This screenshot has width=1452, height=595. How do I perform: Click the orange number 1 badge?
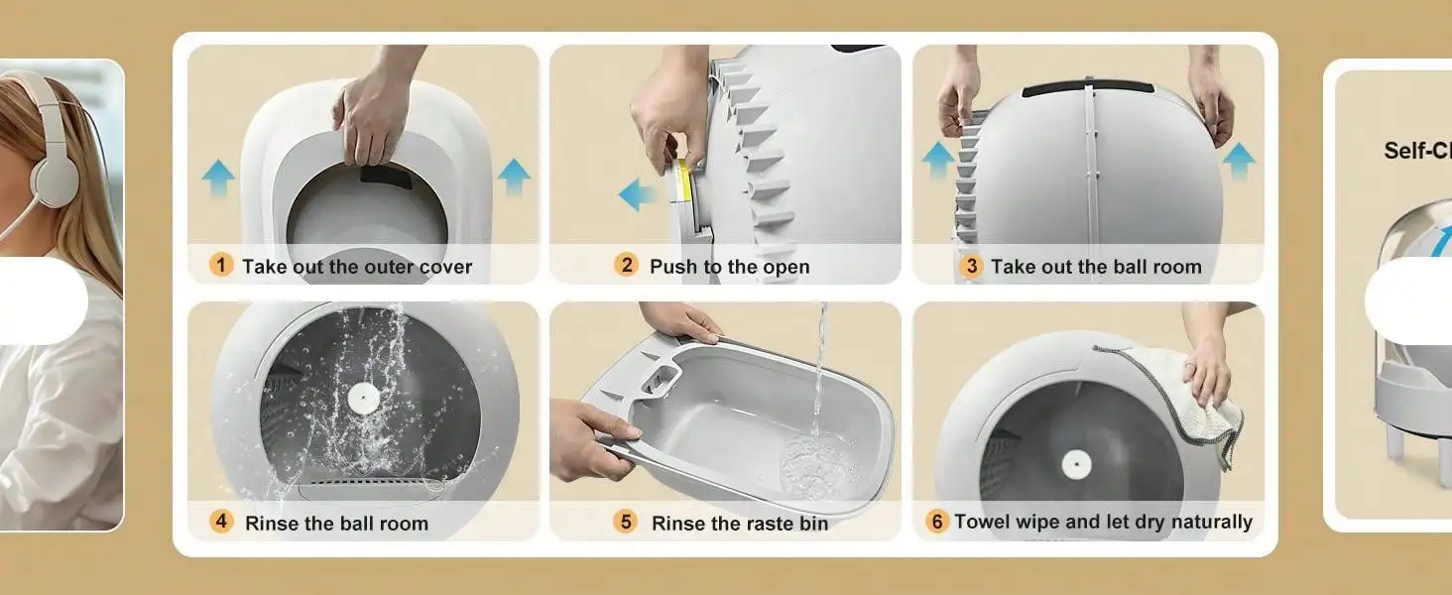tap(221, 265)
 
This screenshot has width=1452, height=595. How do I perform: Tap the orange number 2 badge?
tap(626, 265)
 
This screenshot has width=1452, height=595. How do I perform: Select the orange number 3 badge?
tap(970, 266)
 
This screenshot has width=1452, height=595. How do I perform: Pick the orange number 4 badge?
tap(221, 521)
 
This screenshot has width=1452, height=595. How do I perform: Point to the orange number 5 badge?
tap(626, 521)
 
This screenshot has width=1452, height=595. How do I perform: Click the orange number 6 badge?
tap(936, 521)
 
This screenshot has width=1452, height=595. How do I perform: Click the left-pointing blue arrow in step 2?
tap(637, 194)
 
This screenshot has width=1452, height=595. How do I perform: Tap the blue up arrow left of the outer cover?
tap(218, 178)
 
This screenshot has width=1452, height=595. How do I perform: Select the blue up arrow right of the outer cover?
tap(514, 177)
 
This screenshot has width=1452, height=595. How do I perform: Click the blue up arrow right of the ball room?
tap(1239, 162)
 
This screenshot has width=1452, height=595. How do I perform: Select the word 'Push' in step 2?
tap(673, 267)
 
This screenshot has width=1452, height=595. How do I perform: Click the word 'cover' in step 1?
tap(445, 267)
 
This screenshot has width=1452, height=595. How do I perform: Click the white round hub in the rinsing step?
tap(364, 398)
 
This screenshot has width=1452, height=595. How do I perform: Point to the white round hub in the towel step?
tap(1076, 464)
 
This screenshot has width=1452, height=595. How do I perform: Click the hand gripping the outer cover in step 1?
tap(373, 118)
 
